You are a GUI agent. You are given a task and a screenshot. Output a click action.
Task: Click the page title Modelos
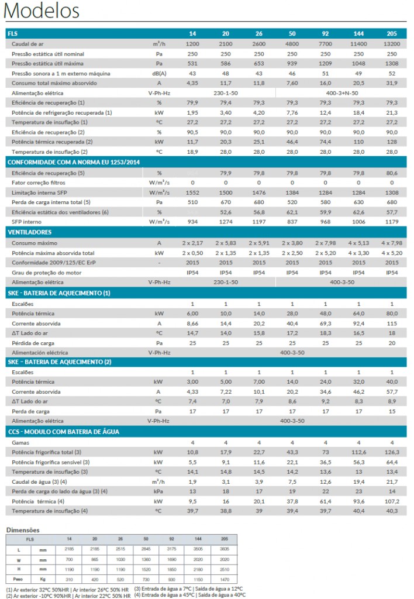click(42, 11)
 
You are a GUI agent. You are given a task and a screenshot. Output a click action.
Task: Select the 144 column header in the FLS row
click(358, 33)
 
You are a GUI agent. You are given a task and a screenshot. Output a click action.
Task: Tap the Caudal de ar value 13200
click(391, 44)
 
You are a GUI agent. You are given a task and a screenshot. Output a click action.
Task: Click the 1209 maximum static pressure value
click(325, 63)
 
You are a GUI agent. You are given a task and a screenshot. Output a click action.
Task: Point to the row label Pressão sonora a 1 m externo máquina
click(61, 73)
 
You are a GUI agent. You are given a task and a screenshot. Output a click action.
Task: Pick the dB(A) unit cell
click(159, 73)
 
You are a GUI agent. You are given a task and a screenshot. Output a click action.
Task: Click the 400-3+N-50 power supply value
click(342, 93)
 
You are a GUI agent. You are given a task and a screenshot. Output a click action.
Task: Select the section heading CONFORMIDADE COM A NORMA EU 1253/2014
click(74, 163)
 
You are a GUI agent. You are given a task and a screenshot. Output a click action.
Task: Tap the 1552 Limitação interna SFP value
click(192, 192)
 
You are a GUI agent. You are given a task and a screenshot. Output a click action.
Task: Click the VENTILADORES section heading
click(29, 232)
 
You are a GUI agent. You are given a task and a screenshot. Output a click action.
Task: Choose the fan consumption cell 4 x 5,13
click(358, 243)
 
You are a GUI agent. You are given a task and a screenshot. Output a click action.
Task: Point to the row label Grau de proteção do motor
click(47, 273)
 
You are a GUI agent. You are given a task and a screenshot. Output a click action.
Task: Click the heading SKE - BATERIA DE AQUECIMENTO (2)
click(60, 362)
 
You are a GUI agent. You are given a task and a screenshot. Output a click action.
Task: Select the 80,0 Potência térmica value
click(391, 314)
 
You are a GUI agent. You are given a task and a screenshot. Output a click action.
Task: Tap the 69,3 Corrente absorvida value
click(325, 323)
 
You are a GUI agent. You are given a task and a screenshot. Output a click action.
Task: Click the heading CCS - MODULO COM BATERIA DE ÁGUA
click(63, 432)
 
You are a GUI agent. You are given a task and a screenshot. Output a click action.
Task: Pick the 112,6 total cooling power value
click(358, 452)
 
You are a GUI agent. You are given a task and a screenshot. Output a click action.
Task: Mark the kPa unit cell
click(158, 491)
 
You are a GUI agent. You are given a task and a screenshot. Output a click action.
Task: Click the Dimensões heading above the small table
click(23, 530)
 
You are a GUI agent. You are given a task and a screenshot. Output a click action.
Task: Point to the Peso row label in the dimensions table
click(18, 579)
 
